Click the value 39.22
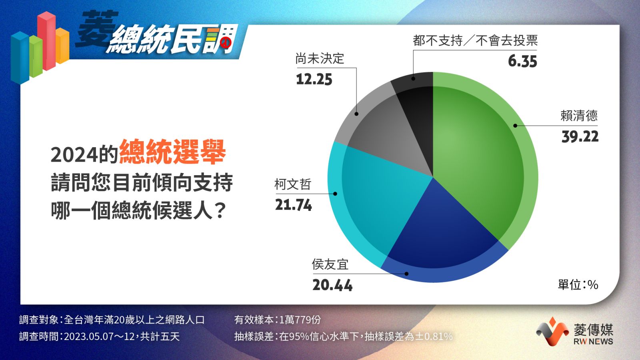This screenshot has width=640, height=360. pyautogui.click(x=580, y=136)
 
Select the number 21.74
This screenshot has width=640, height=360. pyautogui.click(x=294, y=205)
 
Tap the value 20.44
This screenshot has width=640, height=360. pyautogui.click(x=332, y=285)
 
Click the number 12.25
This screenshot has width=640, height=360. pyautogui.click(x=314, y=80)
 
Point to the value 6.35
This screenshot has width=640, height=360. pyautogui.click(x=522, y=62)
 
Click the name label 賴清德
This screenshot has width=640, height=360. pyautogui.click(x=579, y=116)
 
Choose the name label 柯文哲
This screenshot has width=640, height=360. pyautogui.click(x=293, y=184)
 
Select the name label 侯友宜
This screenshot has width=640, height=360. pyautogui.click(x=330, y=264)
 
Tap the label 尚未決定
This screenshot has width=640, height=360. pyautogui.click(x=320, y=58)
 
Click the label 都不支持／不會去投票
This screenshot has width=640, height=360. pyautogui.click(x=475, y=40)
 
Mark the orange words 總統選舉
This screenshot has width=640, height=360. pyautogui.click(x=172, y=152)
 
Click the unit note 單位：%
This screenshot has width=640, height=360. pyautogui.click(x=578, y=284)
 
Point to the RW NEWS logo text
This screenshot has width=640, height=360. pyautogui.click(x=593, y=342)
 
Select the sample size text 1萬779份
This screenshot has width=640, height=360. pyautogui.click(x=300, y=320)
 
